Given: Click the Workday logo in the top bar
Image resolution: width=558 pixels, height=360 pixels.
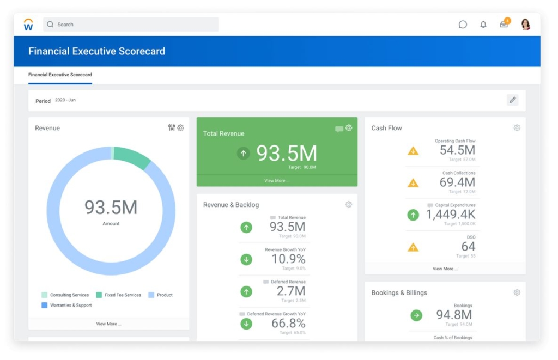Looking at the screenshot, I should tap(28, 25).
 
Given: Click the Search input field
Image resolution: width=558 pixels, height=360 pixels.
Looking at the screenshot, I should tap(131, 25).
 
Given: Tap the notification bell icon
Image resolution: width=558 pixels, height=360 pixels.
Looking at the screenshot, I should tap(483, 25).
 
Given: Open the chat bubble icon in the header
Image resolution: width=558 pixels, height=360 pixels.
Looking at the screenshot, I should tap(463, 25).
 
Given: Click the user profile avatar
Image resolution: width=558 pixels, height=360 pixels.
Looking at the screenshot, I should tap(525, 25).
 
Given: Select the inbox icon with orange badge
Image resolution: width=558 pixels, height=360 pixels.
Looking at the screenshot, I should tap(504, 24).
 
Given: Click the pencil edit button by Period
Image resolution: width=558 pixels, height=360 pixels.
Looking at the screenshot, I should tap(512, 100).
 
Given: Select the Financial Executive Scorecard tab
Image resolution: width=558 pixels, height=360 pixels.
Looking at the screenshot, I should tap(60, 75).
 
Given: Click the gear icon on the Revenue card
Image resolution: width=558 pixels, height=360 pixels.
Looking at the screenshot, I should tap(181, 128).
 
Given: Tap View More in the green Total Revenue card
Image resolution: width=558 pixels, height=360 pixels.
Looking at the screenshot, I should tap(277, 181).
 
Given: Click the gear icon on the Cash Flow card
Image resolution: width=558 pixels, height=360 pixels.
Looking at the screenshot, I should tap(517, 128).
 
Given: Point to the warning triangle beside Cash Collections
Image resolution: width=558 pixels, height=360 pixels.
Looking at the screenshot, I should tap(413, 183).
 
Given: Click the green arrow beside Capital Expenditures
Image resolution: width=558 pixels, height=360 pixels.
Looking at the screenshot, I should tap(413, 215).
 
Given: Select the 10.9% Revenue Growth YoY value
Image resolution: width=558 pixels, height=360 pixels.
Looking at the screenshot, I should tap(288, 259).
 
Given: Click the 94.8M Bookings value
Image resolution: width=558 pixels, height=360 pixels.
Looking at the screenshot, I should tap(454, 315).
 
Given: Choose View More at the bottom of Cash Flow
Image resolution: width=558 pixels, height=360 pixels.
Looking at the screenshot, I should tap(445, 269).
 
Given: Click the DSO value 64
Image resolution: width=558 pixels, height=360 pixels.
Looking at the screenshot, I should tap(468, 247).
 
